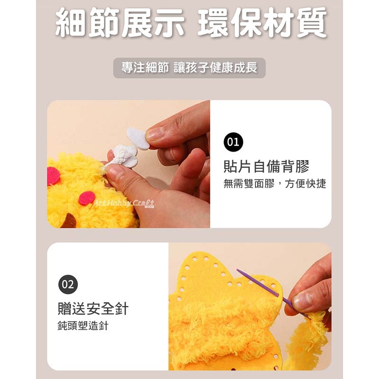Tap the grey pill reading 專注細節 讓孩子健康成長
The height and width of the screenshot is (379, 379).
(x=189, y=68)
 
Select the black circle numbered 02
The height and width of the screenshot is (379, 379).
(x=68, y=284)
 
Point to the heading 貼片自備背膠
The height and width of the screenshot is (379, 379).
(x=266, y=167)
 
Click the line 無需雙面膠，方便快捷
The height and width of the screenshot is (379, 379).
(x=275, y=184)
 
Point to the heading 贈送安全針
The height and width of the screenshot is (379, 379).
(x=93, y=309)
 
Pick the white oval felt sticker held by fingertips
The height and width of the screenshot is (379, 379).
(x=138, y=137)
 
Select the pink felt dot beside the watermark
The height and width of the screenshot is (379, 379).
(x=86, y=198)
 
